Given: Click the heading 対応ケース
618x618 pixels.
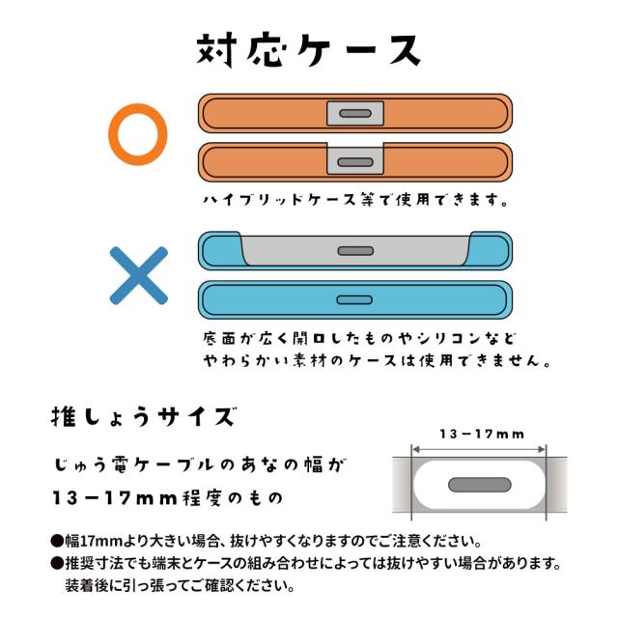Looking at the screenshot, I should [x=309, y=47].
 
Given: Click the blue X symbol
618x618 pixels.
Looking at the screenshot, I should [x=138, y=276].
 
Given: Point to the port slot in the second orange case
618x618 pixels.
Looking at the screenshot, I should [x=354, y=161].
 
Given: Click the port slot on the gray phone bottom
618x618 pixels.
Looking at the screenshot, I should [x=354, y=251].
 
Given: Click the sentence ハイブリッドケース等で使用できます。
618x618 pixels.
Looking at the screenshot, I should [x=354, y=202].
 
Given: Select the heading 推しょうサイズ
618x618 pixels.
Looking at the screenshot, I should [x=142, y=419].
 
